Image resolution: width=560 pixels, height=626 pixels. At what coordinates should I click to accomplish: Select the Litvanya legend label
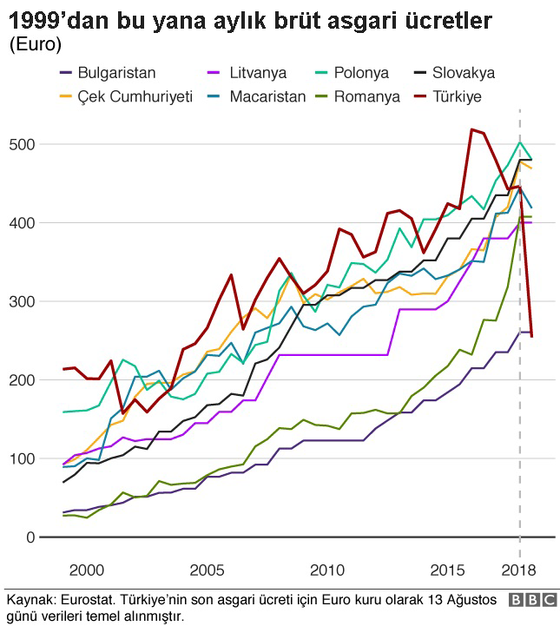coord(258,73)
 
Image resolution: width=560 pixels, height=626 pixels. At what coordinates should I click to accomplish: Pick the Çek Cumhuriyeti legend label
coord(127,96)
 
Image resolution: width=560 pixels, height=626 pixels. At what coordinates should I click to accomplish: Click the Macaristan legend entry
coord(267,96)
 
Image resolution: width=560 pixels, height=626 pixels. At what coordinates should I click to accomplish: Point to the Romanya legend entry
coord(370,96)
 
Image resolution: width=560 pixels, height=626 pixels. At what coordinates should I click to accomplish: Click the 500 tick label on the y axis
coord(23,144)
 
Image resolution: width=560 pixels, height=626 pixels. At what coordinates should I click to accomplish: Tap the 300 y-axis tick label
coord(23,301)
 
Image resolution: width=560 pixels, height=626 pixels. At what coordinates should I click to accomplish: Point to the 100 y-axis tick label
coord(23,458)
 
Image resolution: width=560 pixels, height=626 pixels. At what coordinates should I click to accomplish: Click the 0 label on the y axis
coord(31,537)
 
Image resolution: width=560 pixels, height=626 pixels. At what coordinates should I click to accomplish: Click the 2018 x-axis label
coord(519,570)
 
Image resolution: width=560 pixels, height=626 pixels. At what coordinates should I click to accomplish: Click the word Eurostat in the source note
coord(89,600)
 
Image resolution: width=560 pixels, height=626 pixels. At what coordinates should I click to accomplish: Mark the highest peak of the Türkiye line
coord(471,129)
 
